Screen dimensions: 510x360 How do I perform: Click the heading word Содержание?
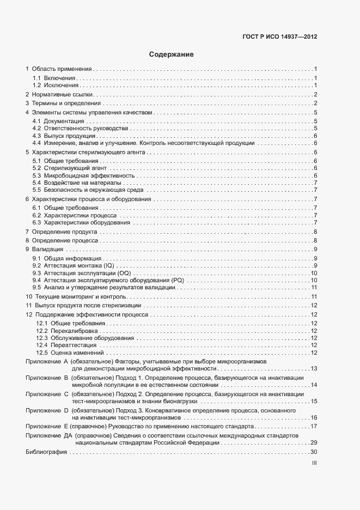172,54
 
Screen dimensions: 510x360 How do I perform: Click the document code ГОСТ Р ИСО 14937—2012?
279,37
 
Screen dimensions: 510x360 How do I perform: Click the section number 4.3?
36,136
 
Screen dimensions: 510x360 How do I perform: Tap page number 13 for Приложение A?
314,369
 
